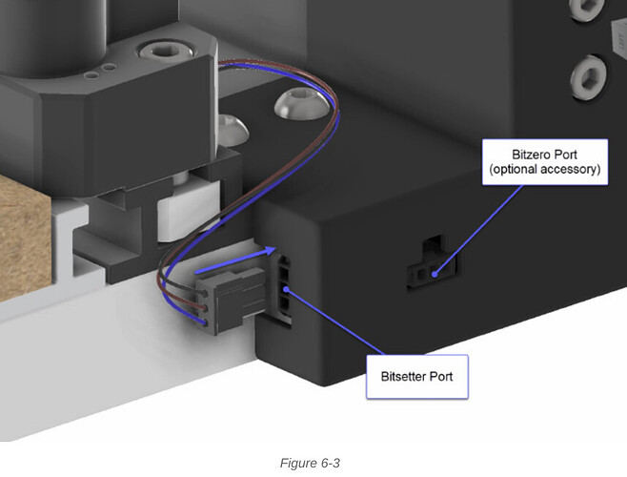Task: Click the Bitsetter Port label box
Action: pyautogui.click(x=417, y=377)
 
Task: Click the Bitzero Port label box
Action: pyautogui.click(x=545, y=162)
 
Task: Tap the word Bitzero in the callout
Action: pyautogui.click(x=526, y=155)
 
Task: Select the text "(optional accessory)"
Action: pyautogui.click(x=545, y=169)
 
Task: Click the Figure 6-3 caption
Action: pyautogui.click(x=310, y=463)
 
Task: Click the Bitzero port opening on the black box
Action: pyautogui.click(x=432, y=264)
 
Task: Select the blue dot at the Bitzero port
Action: pyautogui.click(x=435, y=275)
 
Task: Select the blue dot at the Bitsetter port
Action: pyautogui.click(x=286, y=289)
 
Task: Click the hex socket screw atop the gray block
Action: pyautogui.click(x=166, y=51)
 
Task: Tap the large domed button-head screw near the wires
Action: pyautogui.click(x=302, y=104)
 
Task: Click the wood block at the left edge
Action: pyautogui.click(x=25, y=237)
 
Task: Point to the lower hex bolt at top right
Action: pyautogui.click(x=588, y=77)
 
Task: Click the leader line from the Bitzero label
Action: pyautogui.click(x=478, y=230)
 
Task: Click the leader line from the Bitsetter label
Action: pyautogui.click(x=335, y=321)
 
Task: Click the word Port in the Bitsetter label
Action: pyautogui.click(x=441, y=377)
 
